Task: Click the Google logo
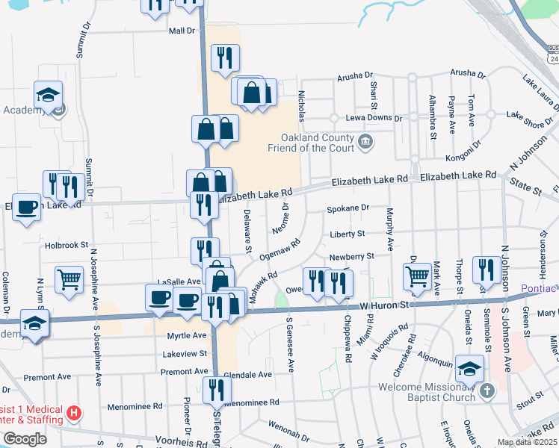(25, 439)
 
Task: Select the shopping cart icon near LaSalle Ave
(70, 280)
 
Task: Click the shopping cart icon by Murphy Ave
(417, 277)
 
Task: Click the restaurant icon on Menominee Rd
(217, 389)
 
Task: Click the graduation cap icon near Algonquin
(469, 371)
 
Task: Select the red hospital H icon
(73, 412)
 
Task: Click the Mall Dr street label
(182, 31)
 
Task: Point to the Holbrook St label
(67, 244)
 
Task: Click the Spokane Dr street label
(348, 208)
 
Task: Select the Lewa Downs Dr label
(374, 118)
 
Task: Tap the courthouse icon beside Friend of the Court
(366, 142)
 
